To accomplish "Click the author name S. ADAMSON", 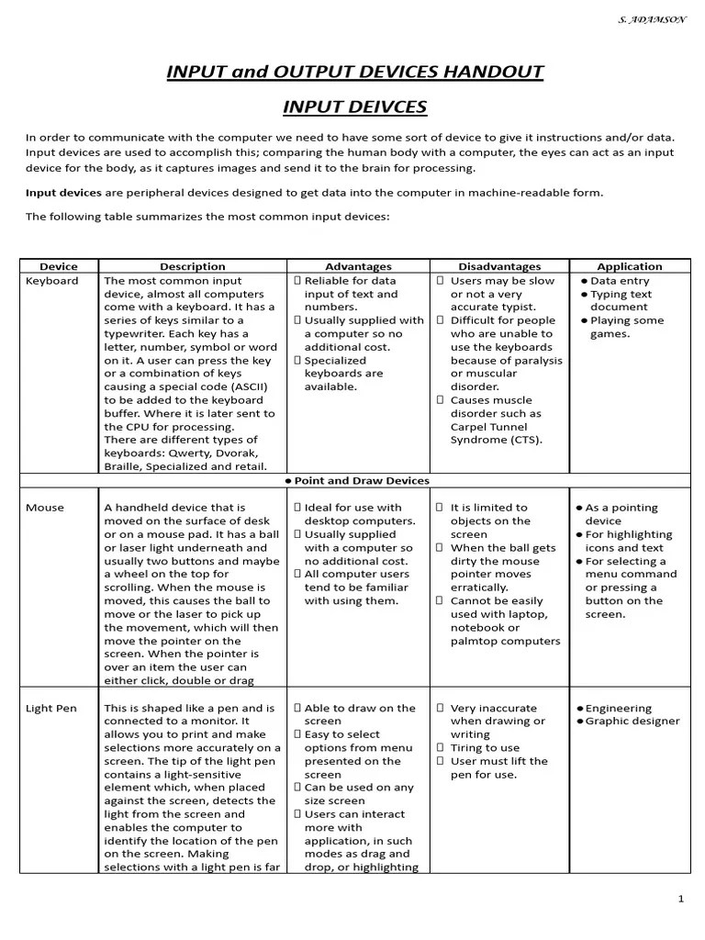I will [x=653, y=19].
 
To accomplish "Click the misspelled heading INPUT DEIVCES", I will [x=354, y=107].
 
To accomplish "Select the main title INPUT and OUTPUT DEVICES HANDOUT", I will [x=354, y=72].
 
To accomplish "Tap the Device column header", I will [x=59, y=266].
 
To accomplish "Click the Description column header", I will [x=192, y=266].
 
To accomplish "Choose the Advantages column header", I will [x=358, y=266].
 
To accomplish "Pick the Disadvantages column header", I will [x=499, y=266].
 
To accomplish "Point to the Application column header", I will [x=629, y=266].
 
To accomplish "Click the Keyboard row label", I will [x=52, y=281].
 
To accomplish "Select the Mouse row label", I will [x=44, y=508].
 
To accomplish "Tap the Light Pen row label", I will [x=51, y=709].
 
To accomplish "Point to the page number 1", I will [x=680, y=899].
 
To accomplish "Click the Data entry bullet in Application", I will [x=619, y=281].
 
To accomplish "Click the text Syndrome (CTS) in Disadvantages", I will [x=496, y=440].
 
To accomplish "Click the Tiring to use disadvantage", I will [x=485, y=748].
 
